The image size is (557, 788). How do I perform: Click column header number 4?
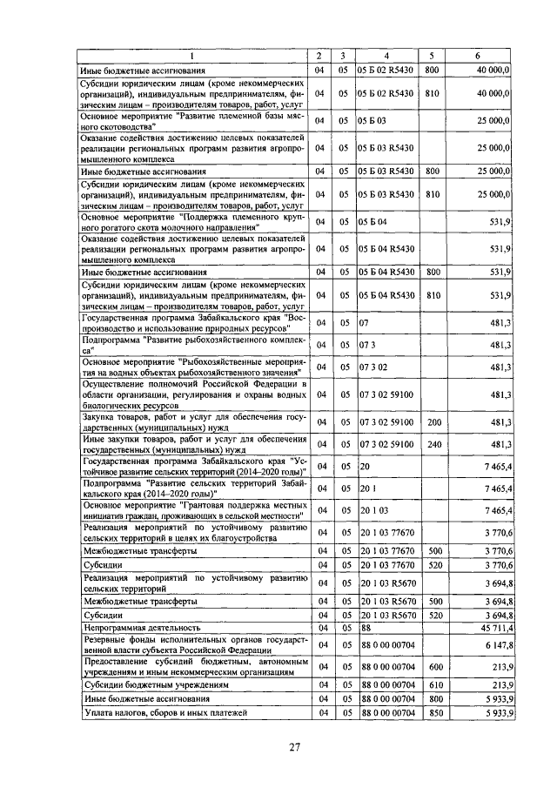pyautogui.click(x=386, y=57)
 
